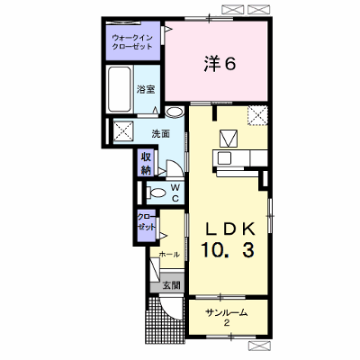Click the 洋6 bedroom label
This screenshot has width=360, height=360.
(220, 64)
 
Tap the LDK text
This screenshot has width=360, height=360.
(229, 229)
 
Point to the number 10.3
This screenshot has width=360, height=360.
(228, 250)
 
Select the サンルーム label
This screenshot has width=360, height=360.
(227, 313)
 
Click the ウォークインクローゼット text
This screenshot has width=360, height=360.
(132, 42)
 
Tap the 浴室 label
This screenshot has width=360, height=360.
(146, 89)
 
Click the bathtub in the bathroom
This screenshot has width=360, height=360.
(119, 89)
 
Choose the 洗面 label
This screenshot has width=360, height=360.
(160, 134)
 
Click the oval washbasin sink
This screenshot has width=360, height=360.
(175, 112)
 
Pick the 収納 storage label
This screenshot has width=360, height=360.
(146, 164)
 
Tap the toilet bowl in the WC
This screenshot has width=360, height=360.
(156, 193)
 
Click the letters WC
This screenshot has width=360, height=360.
(175, 193)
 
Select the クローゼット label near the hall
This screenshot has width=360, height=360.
(147, 221)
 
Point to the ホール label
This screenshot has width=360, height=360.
(169, 255)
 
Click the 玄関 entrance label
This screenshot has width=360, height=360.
(172, 285)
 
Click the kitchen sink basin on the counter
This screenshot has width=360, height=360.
(224, 158)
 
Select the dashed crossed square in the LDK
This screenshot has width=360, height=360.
(257, 115)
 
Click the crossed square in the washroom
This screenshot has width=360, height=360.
(123, 130)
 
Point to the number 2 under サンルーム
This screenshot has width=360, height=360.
(227, 323)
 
